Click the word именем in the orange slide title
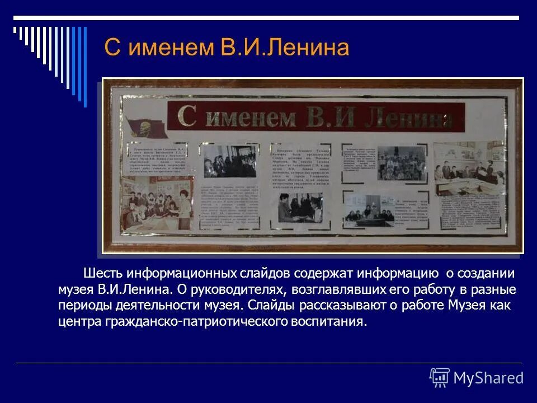168,48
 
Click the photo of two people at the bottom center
301,208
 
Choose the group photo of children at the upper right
402,163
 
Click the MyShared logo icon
440,378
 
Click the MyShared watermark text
488,378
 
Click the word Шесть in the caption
102,274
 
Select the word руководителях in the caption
238,290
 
